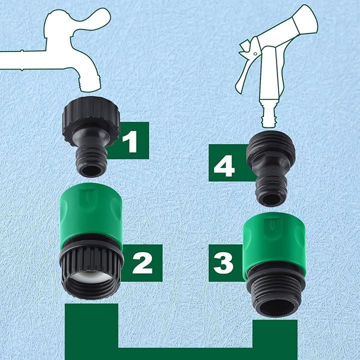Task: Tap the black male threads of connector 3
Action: point(271,292)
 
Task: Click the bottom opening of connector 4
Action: point(271,199)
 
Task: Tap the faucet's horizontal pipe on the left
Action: point(23,60)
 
